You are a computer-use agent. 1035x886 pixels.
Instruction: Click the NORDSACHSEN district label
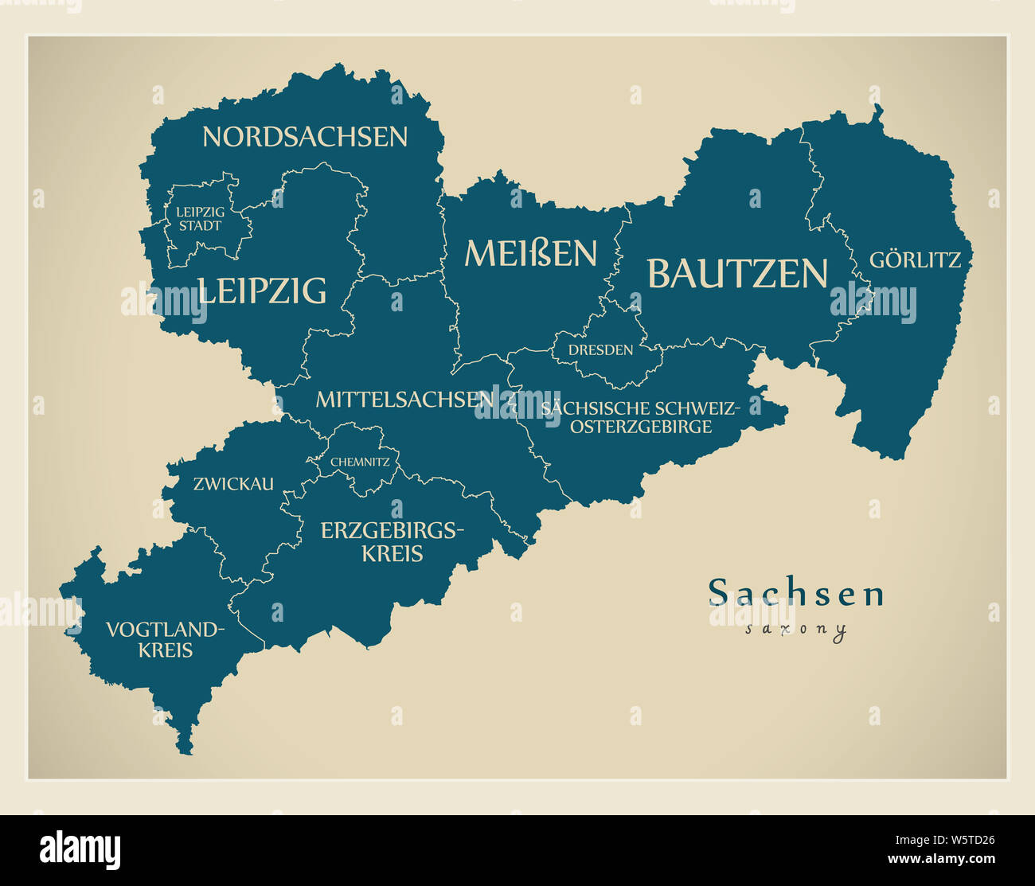tap(304, 137)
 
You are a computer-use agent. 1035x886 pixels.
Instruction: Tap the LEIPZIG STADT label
tap(200, 219)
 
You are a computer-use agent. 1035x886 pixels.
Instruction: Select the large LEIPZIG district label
tap(262, 291)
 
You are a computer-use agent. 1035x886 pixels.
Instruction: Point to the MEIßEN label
tap(530, 254)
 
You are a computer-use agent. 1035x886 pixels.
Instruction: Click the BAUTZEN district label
tap(737, 274)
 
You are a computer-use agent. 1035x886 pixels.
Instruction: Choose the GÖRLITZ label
tap(915, 260)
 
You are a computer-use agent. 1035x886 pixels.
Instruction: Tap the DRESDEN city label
tap(600, 350)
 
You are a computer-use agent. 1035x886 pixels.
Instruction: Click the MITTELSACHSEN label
tap(404, 399)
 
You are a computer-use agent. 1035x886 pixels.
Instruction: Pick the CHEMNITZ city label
tap(360, 462)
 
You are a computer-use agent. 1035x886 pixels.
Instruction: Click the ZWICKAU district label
tap(233, 483)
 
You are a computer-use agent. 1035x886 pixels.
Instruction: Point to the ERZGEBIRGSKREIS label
tap(392, 541)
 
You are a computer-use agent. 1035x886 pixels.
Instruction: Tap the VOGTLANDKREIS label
tap(166, 640)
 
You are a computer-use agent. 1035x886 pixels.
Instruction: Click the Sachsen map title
tap(796, 593)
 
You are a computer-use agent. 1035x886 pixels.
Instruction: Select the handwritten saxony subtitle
tap(796, 630)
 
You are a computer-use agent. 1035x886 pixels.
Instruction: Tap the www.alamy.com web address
tap(942, 859)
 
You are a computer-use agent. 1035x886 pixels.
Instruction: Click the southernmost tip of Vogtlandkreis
tap(186, 751)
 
